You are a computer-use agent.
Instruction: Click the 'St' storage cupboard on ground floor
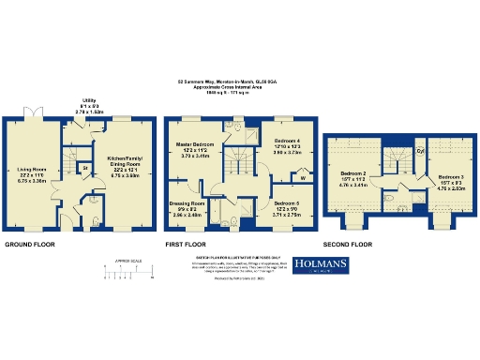tap(84, 169)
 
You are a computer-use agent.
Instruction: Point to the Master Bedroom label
tap(196, 146)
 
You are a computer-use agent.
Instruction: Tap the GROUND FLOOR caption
tap(30, 245)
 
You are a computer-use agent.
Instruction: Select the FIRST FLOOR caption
tap(187, 245)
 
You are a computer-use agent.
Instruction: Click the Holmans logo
tap(321, 266)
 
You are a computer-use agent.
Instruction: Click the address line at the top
tap(239, 82)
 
